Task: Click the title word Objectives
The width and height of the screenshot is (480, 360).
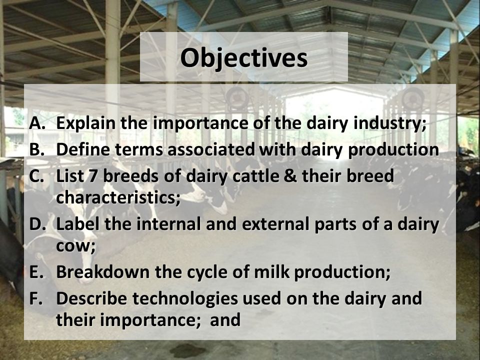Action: pyautogui.click(x=244, y=58)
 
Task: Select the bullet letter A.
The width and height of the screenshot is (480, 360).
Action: pyautogui.click(x=37, y=123)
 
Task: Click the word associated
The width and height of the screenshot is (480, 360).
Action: pyautogui.click(x=211, y=149)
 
